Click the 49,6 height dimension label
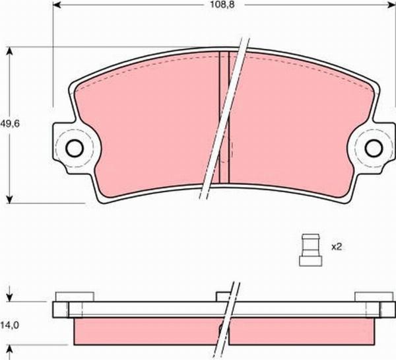tap(9, 122)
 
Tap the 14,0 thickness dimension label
tap(9, 324)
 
